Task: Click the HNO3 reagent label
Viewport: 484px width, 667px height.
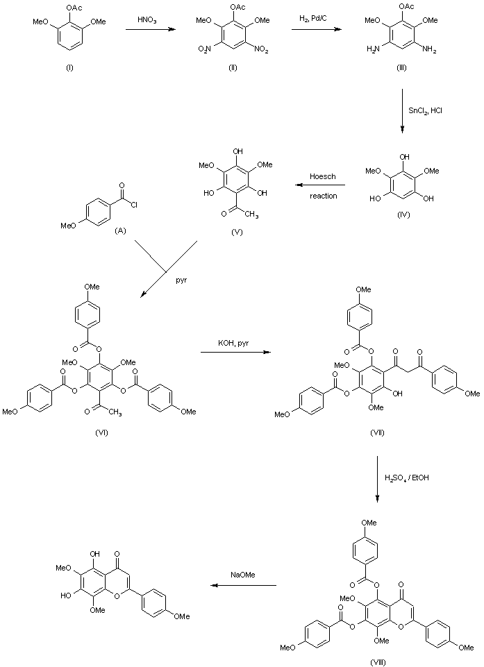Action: click(x=147, y=22)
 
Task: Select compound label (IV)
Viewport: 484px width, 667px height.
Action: click(x=403, y=214)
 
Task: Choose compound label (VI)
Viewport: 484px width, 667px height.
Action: click(x=100, y=432)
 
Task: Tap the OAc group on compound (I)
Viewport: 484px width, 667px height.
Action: click(x=72, y=8)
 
